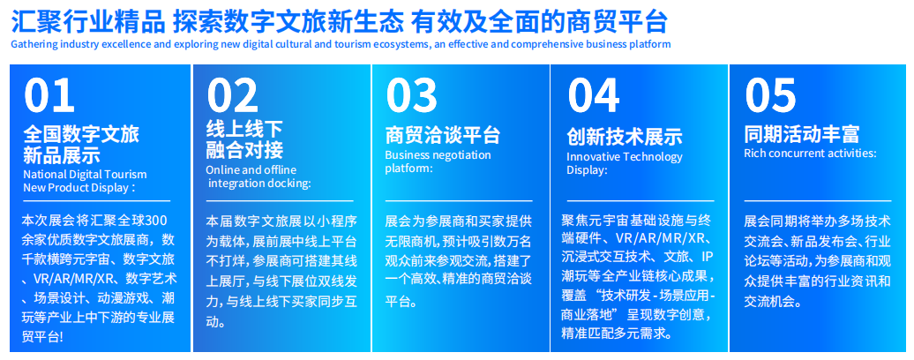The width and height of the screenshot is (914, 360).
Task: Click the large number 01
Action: click(49, 95)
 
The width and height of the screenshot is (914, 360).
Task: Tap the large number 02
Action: click(232, 95)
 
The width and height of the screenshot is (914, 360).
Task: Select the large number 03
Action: click(411, 95)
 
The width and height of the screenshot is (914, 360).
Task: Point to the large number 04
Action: click(594, 95)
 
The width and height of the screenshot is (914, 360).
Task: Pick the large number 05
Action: click(770, 95)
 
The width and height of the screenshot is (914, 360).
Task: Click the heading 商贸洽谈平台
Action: click(442, 135)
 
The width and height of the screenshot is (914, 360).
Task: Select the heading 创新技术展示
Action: click(625, 136)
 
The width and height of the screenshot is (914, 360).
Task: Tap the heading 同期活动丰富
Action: click(801, 135)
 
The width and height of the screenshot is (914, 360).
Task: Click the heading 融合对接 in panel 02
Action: click(244, 150)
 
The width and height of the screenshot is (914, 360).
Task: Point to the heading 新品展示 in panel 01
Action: click(61, 155)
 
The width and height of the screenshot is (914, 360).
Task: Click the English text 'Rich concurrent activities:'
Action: click(810, 154)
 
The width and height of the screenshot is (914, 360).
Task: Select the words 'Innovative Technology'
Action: click(625, 157)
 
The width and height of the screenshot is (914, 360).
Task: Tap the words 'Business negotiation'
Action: click(438, 155)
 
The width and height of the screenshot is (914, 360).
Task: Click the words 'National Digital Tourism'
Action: click(85, 174)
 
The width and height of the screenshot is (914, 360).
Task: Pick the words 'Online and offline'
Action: click(251, 170)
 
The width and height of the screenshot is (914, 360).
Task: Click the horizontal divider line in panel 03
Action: click(458, 200)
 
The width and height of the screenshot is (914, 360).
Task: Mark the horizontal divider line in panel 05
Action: click(817, 200)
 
